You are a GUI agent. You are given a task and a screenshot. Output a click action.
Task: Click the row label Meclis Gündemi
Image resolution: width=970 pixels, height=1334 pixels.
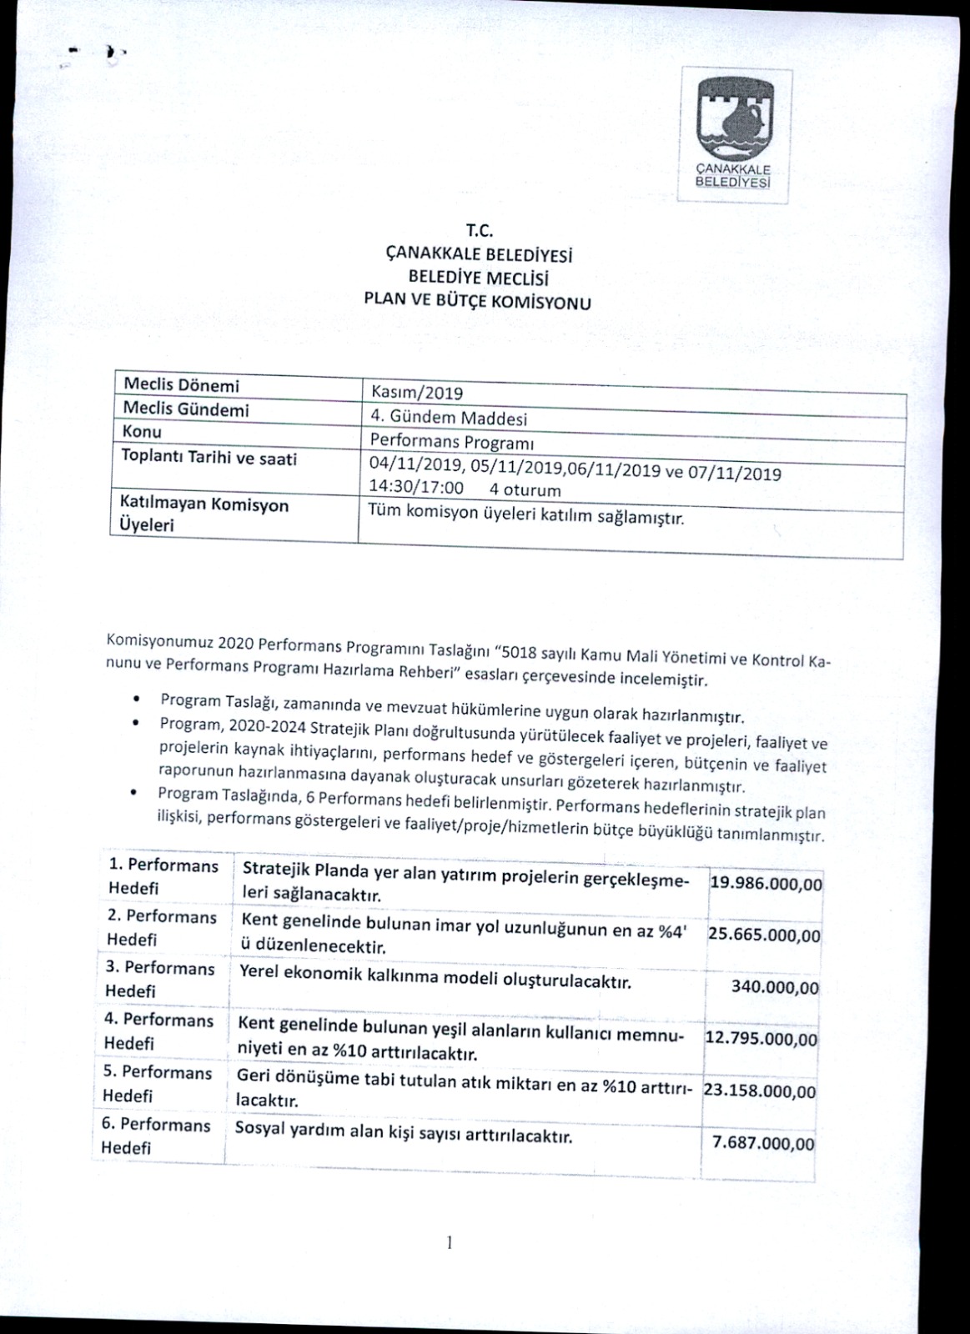coord(186,409)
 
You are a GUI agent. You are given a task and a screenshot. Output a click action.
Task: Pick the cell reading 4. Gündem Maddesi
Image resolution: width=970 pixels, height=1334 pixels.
coord(449,418)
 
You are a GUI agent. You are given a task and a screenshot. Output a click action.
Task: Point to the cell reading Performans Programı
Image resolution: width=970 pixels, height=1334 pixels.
coord(452,442)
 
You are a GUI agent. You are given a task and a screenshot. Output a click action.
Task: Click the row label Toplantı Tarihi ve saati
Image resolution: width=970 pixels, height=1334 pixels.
coord(209,458)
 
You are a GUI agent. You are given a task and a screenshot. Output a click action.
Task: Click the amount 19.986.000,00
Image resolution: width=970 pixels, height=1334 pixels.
coord(766,884)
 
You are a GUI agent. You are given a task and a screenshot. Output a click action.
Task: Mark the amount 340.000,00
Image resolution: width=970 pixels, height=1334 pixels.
coord(775,988)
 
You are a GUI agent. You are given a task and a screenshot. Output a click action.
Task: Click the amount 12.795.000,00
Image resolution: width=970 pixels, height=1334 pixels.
coord(761,1040)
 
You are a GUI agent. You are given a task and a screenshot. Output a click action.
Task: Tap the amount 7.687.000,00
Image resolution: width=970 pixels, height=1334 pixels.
coord(763,1143)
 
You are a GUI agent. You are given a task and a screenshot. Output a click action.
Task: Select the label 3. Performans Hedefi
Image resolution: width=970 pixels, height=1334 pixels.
coord(159,980)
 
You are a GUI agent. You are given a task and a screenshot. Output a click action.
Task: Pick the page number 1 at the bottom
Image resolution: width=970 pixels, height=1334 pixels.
coord(449,1243)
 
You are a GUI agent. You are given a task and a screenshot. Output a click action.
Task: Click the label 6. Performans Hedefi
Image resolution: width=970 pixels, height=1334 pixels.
coord(156,1136)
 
